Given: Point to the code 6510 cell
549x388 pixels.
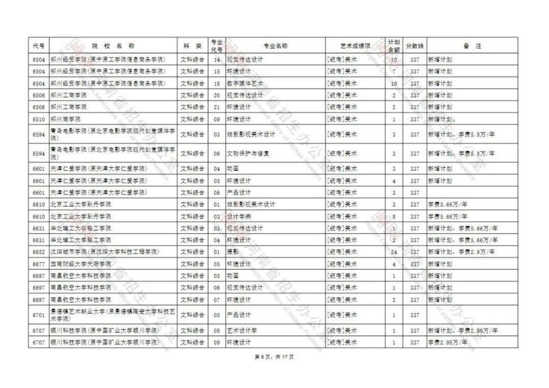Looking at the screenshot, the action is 39,120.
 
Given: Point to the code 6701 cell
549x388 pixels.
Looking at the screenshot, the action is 39,315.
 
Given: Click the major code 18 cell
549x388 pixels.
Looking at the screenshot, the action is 217,83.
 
